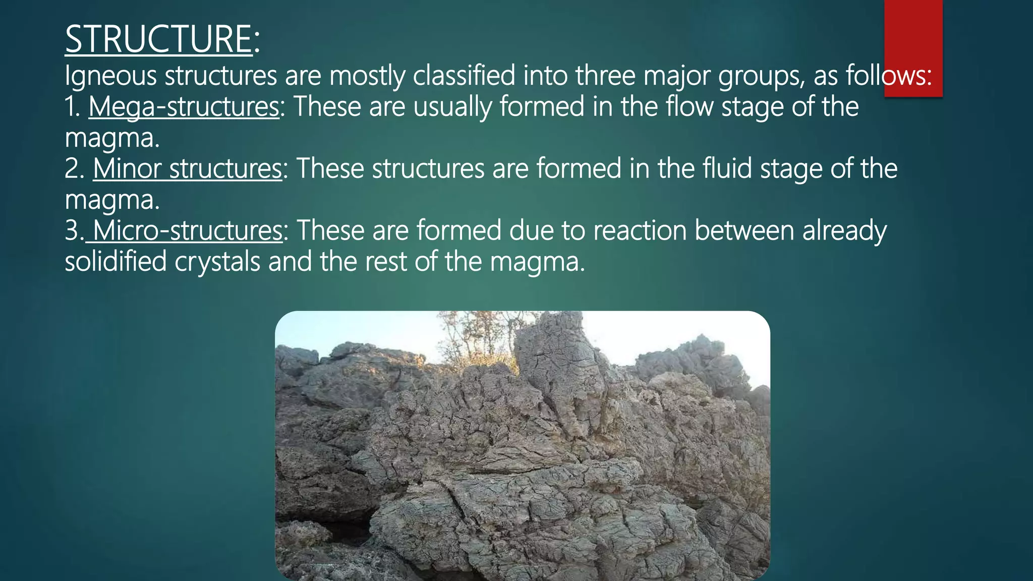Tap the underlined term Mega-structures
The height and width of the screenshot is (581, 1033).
[184, 107]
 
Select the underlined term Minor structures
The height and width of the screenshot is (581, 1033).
[187, 168]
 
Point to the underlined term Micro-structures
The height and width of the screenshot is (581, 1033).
[187, 230]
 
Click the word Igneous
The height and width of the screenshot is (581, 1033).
[110, 76]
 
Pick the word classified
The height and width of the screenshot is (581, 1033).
[464, 76]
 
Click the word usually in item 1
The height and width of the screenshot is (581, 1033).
[452, 107]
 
